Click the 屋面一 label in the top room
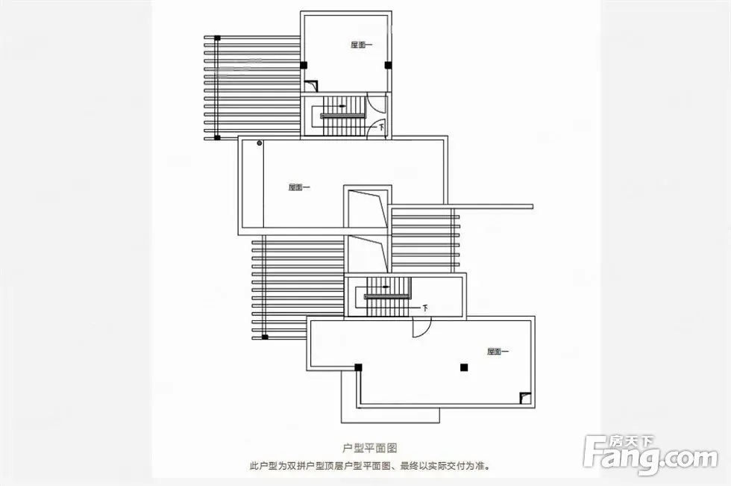point(362,45)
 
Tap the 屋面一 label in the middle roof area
point(299,187)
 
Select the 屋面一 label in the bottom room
point(498,351)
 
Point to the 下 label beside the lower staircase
point(425,307)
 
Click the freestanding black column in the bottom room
point(463,367)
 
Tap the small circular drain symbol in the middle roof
point(260,143)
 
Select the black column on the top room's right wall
point(388,66)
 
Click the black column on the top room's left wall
point(304,66)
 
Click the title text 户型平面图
point(369,448)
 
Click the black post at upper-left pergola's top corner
point(217,37)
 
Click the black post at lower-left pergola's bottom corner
point(265,337)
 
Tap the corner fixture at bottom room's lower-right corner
point(525,398)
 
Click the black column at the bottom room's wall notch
point(359,367)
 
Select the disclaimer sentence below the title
point(369,466)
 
